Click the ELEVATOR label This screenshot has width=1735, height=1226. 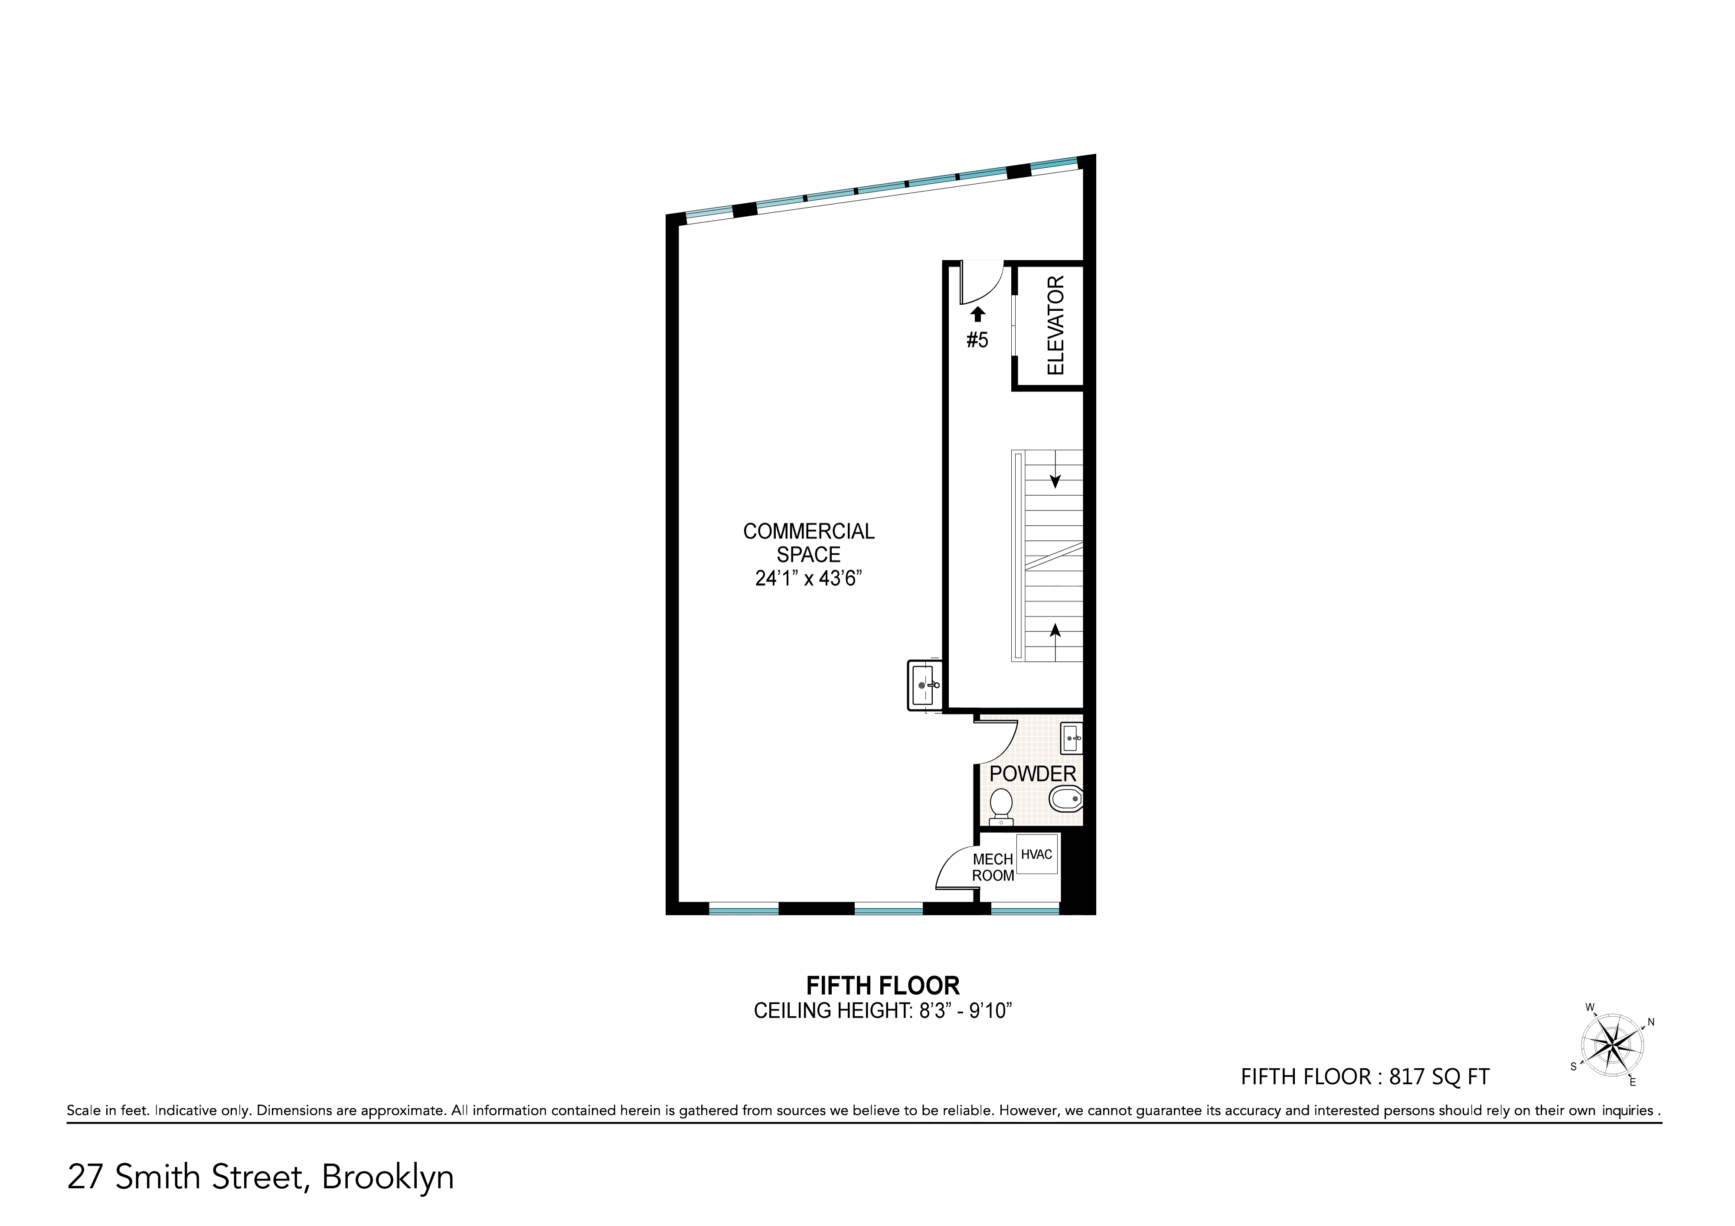pyautogui.click(x=1055, y=325)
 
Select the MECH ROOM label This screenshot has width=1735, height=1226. pyautogui.click(x=993, y=867)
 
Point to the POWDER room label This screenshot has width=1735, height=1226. pyautogui.click(x=1032, y=774)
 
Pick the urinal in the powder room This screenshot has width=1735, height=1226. pyautogui.click(x=1065, y=799)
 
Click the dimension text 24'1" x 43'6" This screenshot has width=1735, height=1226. pyautogui.click(x=809, y=579)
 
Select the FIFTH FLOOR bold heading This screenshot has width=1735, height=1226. pyautogui.click(x=882, y=986)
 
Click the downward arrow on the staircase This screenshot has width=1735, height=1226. pyautogui.click(x=1055, y=479)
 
